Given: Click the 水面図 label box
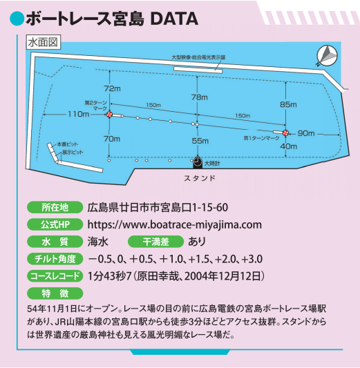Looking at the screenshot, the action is coord(44,42).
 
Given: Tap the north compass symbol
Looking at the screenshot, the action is coord(327,56).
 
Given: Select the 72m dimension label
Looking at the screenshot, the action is coord(112,88).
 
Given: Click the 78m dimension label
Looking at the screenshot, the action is coord(200,97).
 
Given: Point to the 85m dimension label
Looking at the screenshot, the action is coord(288,104).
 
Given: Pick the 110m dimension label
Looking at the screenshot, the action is coord(79,115).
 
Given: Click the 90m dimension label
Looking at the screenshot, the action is coord(306,133).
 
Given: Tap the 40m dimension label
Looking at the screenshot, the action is coord(289,146).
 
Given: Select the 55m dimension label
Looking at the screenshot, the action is coord(200,141).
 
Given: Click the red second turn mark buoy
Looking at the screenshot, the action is coord(109,115).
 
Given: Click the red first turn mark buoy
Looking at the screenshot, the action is coord(285,133).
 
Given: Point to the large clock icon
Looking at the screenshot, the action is coord(198,162).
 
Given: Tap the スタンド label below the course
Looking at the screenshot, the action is coord(200,178).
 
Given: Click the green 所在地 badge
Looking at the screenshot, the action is coord(55,207).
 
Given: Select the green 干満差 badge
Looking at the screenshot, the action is coord(155,242).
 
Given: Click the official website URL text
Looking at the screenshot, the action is coord(175,225).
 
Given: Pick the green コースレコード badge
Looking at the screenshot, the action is coord(55,276).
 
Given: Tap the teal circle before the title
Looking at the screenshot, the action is coord(17,19).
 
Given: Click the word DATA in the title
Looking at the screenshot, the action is coord(174,19).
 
